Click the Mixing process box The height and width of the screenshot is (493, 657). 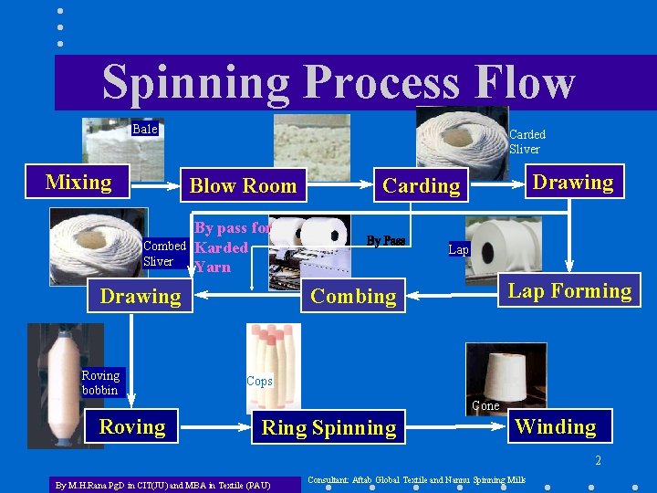(78, 182)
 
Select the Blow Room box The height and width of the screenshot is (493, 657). (243, 186)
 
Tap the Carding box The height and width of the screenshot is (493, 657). (422, 186)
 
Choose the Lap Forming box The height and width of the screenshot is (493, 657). (569, 291)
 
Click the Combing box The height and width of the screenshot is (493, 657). (353, 296)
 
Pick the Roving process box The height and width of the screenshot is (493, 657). (132, 427)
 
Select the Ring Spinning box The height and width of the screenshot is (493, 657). (328, 428)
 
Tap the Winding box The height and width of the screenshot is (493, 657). (555, 426)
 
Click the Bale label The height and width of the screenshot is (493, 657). (144, 130)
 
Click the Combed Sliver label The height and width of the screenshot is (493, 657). (164, 254)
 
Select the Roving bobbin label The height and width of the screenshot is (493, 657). (100, 383)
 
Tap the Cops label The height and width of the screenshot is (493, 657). (259, 382)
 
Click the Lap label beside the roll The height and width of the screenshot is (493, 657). (458, 249)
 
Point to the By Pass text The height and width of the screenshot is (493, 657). (386, 241)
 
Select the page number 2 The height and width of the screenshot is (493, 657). (598, 460)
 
